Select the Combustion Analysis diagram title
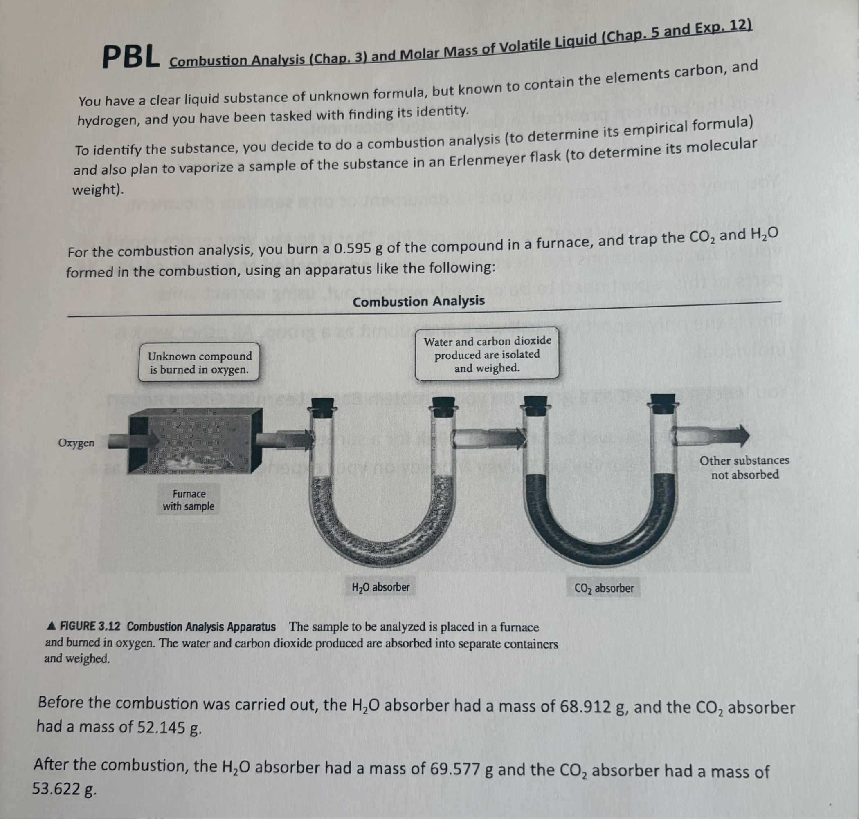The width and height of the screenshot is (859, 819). point(418,301)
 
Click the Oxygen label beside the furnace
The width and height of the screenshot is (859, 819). point(76,443)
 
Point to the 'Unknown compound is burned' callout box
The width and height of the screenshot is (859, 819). point(200,363)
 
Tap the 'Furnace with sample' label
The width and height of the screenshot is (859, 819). point(188,500)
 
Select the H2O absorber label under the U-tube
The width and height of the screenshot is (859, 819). point(380,587)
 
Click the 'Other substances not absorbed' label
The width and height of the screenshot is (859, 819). point(744,467)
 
